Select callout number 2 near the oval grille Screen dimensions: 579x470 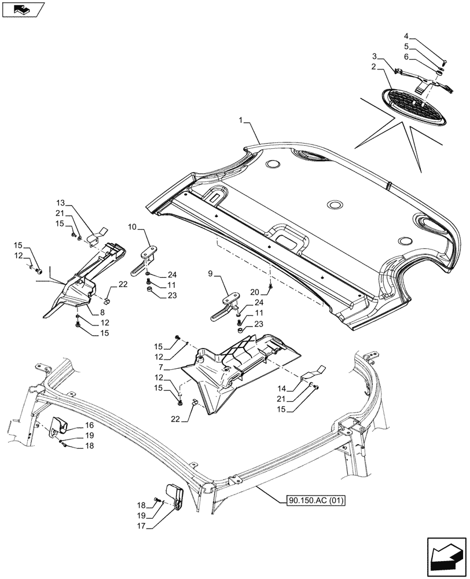tap(375, 67)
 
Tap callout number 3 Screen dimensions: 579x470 tap(375, 56)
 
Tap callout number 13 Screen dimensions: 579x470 tap(61, 204)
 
